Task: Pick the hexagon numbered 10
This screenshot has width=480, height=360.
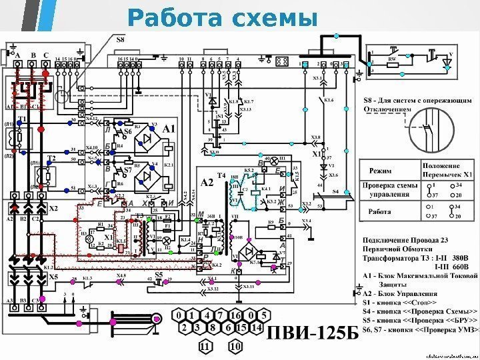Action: (234, 347)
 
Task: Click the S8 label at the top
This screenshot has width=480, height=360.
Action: (121, 41)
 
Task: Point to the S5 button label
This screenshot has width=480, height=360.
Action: (159, 274)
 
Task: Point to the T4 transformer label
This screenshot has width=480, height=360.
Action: (222, 167)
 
